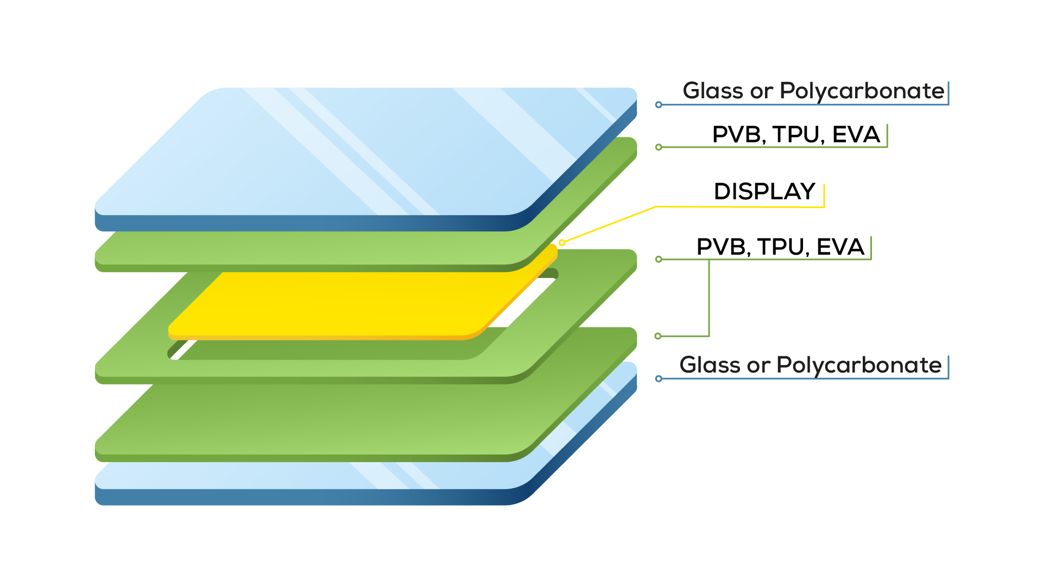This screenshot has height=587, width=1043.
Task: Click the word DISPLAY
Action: click(x=764, y=192)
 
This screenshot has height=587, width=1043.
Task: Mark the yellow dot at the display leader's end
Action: click(x=562, y=243)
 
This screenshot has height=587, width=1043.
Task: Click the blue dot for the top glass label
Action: click(x=659, y=104)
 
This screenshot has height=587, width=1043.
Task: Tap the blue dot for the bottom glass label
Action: click(x=659, y=378)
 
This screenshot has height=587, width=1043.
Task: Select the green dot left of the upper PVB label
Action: click(x=659, y=147)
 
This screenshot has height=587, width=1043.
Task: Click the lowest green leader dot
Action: click(x=658, y=336)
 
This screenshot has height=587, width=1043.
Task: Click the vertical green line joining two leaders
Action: click(x=709, y=298)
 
